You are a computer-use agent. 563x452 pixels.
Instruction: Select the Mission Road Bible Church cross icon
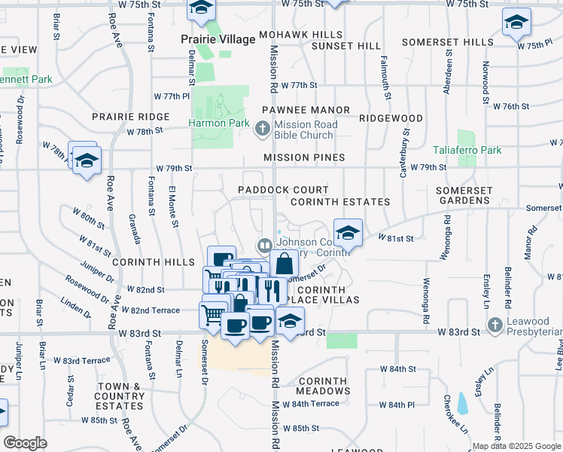point(262,130)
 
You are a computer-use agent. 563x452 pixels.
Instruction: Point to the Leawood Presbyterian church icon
point(495,325)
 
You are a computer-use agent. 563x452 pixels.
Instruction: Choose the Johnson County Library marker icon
point(264,245)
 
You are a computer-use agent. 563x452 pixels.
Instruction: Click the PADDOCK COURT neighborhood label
point(283,190)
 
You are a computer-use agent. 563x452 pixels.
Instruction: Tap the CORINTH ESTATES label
point(339,202)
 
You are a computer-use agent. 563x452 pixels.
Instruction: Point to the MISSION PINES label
point(304,157)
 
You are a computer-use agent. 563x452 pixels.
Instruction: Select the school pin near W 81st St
point(347,234)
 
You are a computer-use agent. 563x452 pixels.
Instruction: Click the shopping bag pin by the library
point(285,264)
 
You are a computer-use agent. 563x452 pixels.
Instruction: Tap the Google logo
point(25,443)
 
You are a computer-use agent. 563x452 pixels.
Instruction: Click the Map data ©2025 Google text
point(516,446)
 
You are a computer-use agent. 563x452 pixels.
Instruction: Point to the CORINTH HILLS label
point(144,263)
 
